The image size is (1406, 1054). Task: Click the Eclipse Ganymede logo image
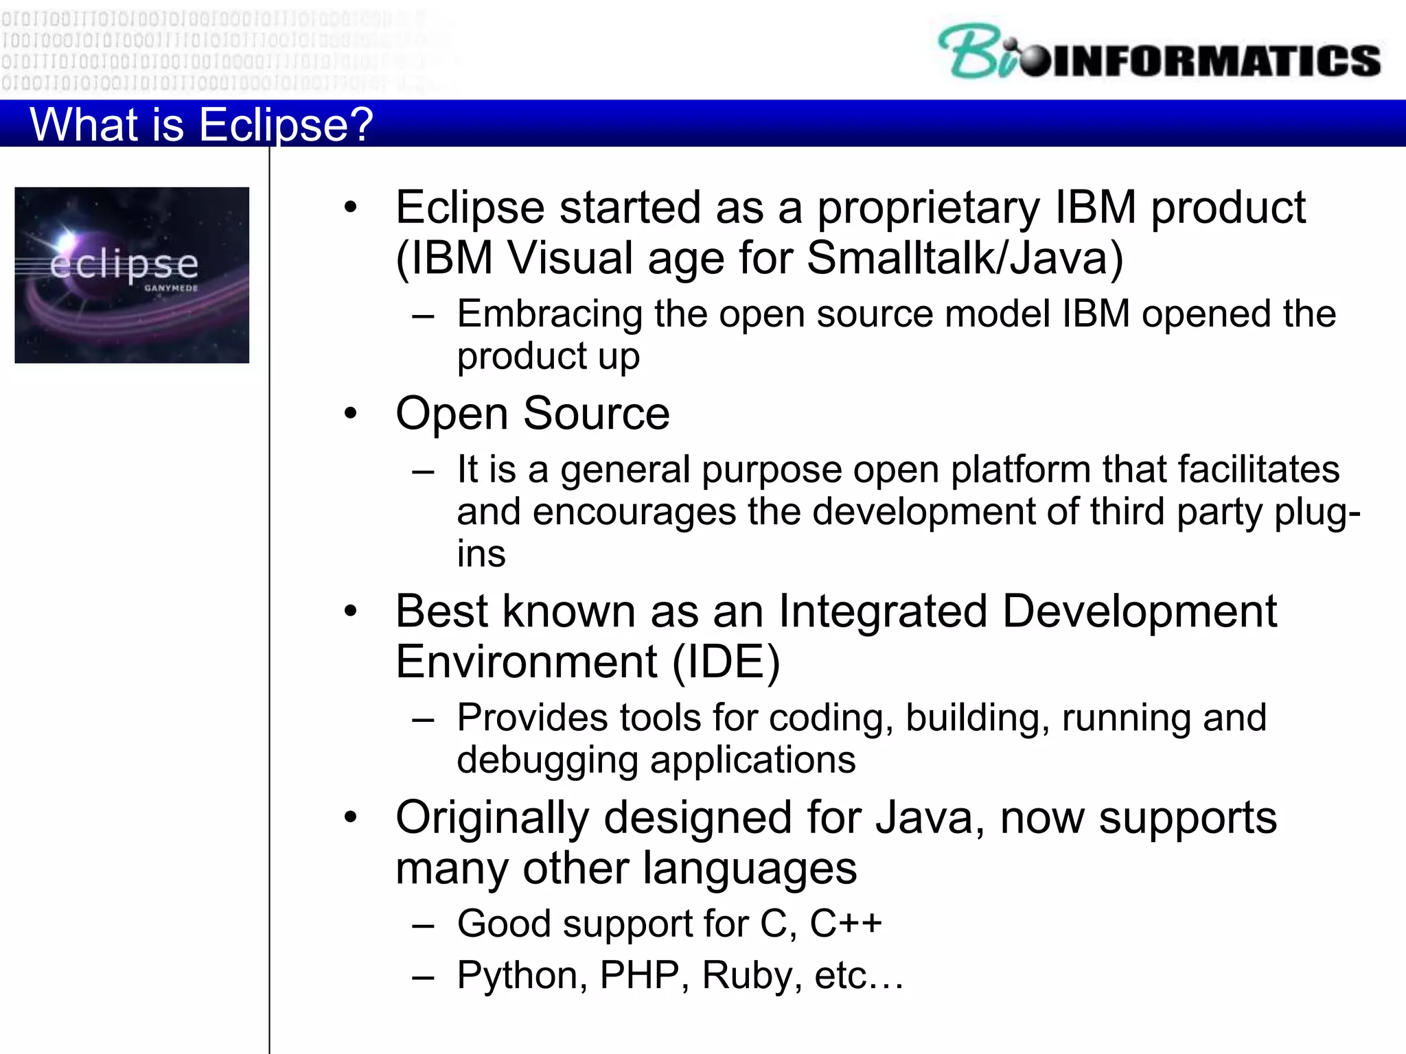(132, 274)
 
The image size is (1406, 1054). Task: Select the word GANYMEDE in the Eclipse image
(171, 288)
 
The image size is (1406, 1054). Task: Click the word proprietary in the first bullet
(928, 208)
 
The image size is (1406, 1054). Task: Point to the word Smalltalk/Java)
(965, 259)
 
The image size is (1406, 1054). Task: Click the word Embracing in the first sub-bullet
(549, 314)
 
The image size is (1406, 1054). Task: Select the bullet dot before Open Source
(351, 413)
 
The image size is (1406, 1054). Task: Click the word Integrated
(882, 611)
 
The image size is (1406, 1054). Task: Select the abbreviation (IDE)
(726, 662)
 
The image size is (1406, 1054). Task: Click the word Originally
(492, 818)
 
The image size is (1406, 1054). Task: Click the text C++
(845, 924)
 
